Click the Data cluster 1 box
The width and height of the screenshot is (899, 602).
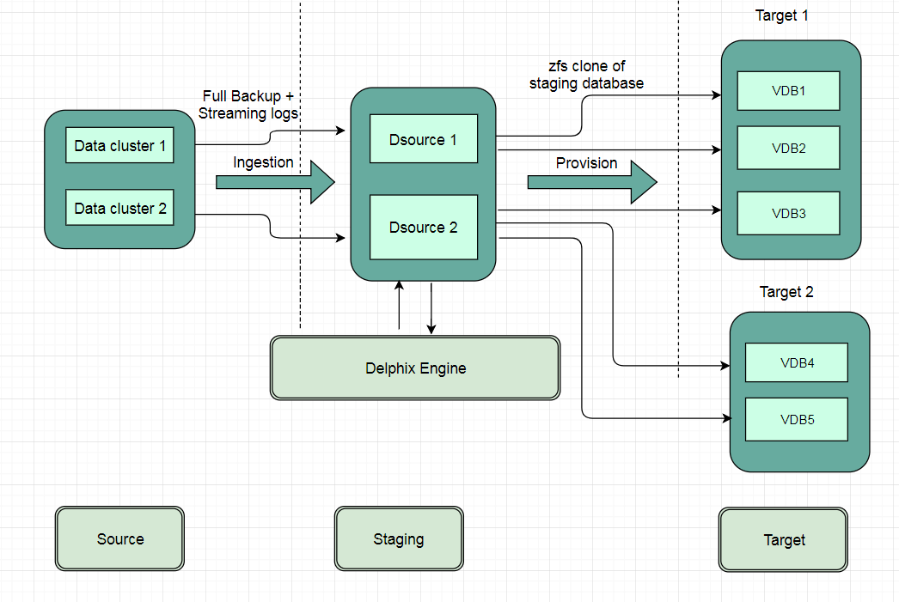[x=119, y=145]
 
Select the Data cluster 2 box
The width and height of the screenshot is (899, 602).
[x=119, y=208]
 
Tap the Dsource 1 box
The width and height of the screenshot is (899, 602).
[x=424, y=139]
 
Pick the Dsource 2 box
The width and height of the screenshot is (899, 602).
[x=424, y=227]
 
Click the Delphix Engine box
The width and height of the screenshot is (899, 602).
[x=415, y=368]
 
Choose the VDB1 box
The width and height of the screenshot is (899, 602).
[x=788, y=90]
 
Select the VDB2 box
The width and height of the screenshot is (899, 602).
[x=788, y=148]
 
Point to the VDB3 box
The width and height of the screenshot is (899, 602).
[x=788, y=213]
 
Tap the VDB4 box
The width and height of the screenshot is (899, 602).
[x=797, y=362]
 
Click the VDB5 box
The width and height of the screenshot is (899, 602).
[x=797, y=420]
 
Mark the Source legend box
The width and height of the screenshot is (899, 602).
[x=119, y=538]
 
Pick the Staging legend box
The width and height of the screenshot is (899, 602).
[x=399, y=538]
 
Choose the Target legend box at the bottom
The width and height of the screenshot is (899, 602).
[x=784, y=539]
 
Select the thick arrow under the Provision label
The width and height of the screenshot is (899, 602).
[x=591, y=182]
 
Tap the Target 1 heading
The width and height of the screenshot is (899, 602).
[x=781, y=15]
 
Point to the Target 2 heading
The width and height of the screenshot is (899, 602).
[x=786, y=292]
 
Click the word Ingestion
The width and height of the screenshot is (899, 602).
[x=263, y=162]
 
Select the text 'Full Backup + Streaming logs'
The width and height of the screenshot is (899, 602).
[x=248, y=105]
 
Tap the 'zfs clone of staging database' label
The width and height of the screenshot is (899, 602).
[x=586, y=75]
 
